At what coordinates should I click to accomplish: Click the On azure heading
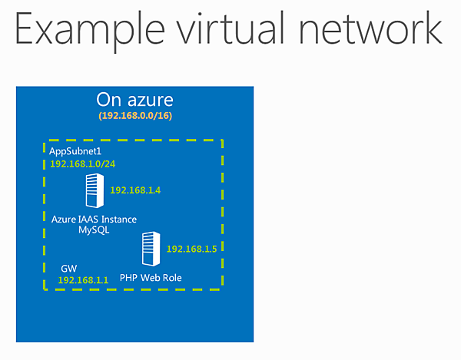coord(134,100)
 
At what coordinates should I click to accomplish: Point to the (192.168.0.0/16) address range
coord(134,115)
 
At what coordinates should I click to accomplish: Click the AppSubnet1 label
coord(75,151)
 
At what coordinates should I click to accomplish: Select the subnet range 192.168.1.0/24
coord(82,164)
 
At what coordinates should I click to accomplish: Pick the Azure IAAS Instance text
coord(94,220)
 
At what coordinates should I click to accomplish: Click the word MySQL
coord(94,230)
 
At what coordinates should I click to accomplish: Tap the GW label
coord(68,269)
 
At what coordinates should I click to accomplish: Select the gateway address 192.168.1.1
coord(82,280)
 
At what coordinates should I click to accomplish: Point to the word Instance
coord(118,220)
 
